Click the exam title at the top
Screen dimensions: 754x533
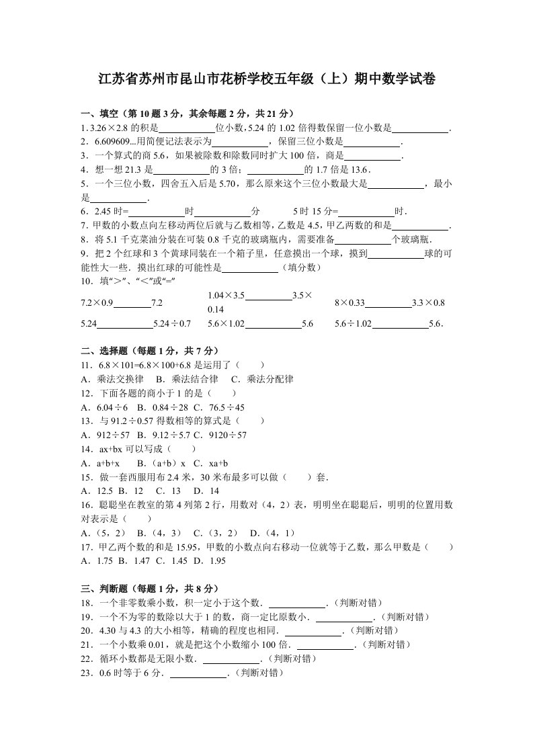(x=266, y=80)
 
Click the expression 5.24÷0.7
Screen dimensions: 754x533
(x=172, y=324)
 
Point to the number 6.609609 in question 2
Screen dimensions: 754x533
(x=107, y=142)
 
